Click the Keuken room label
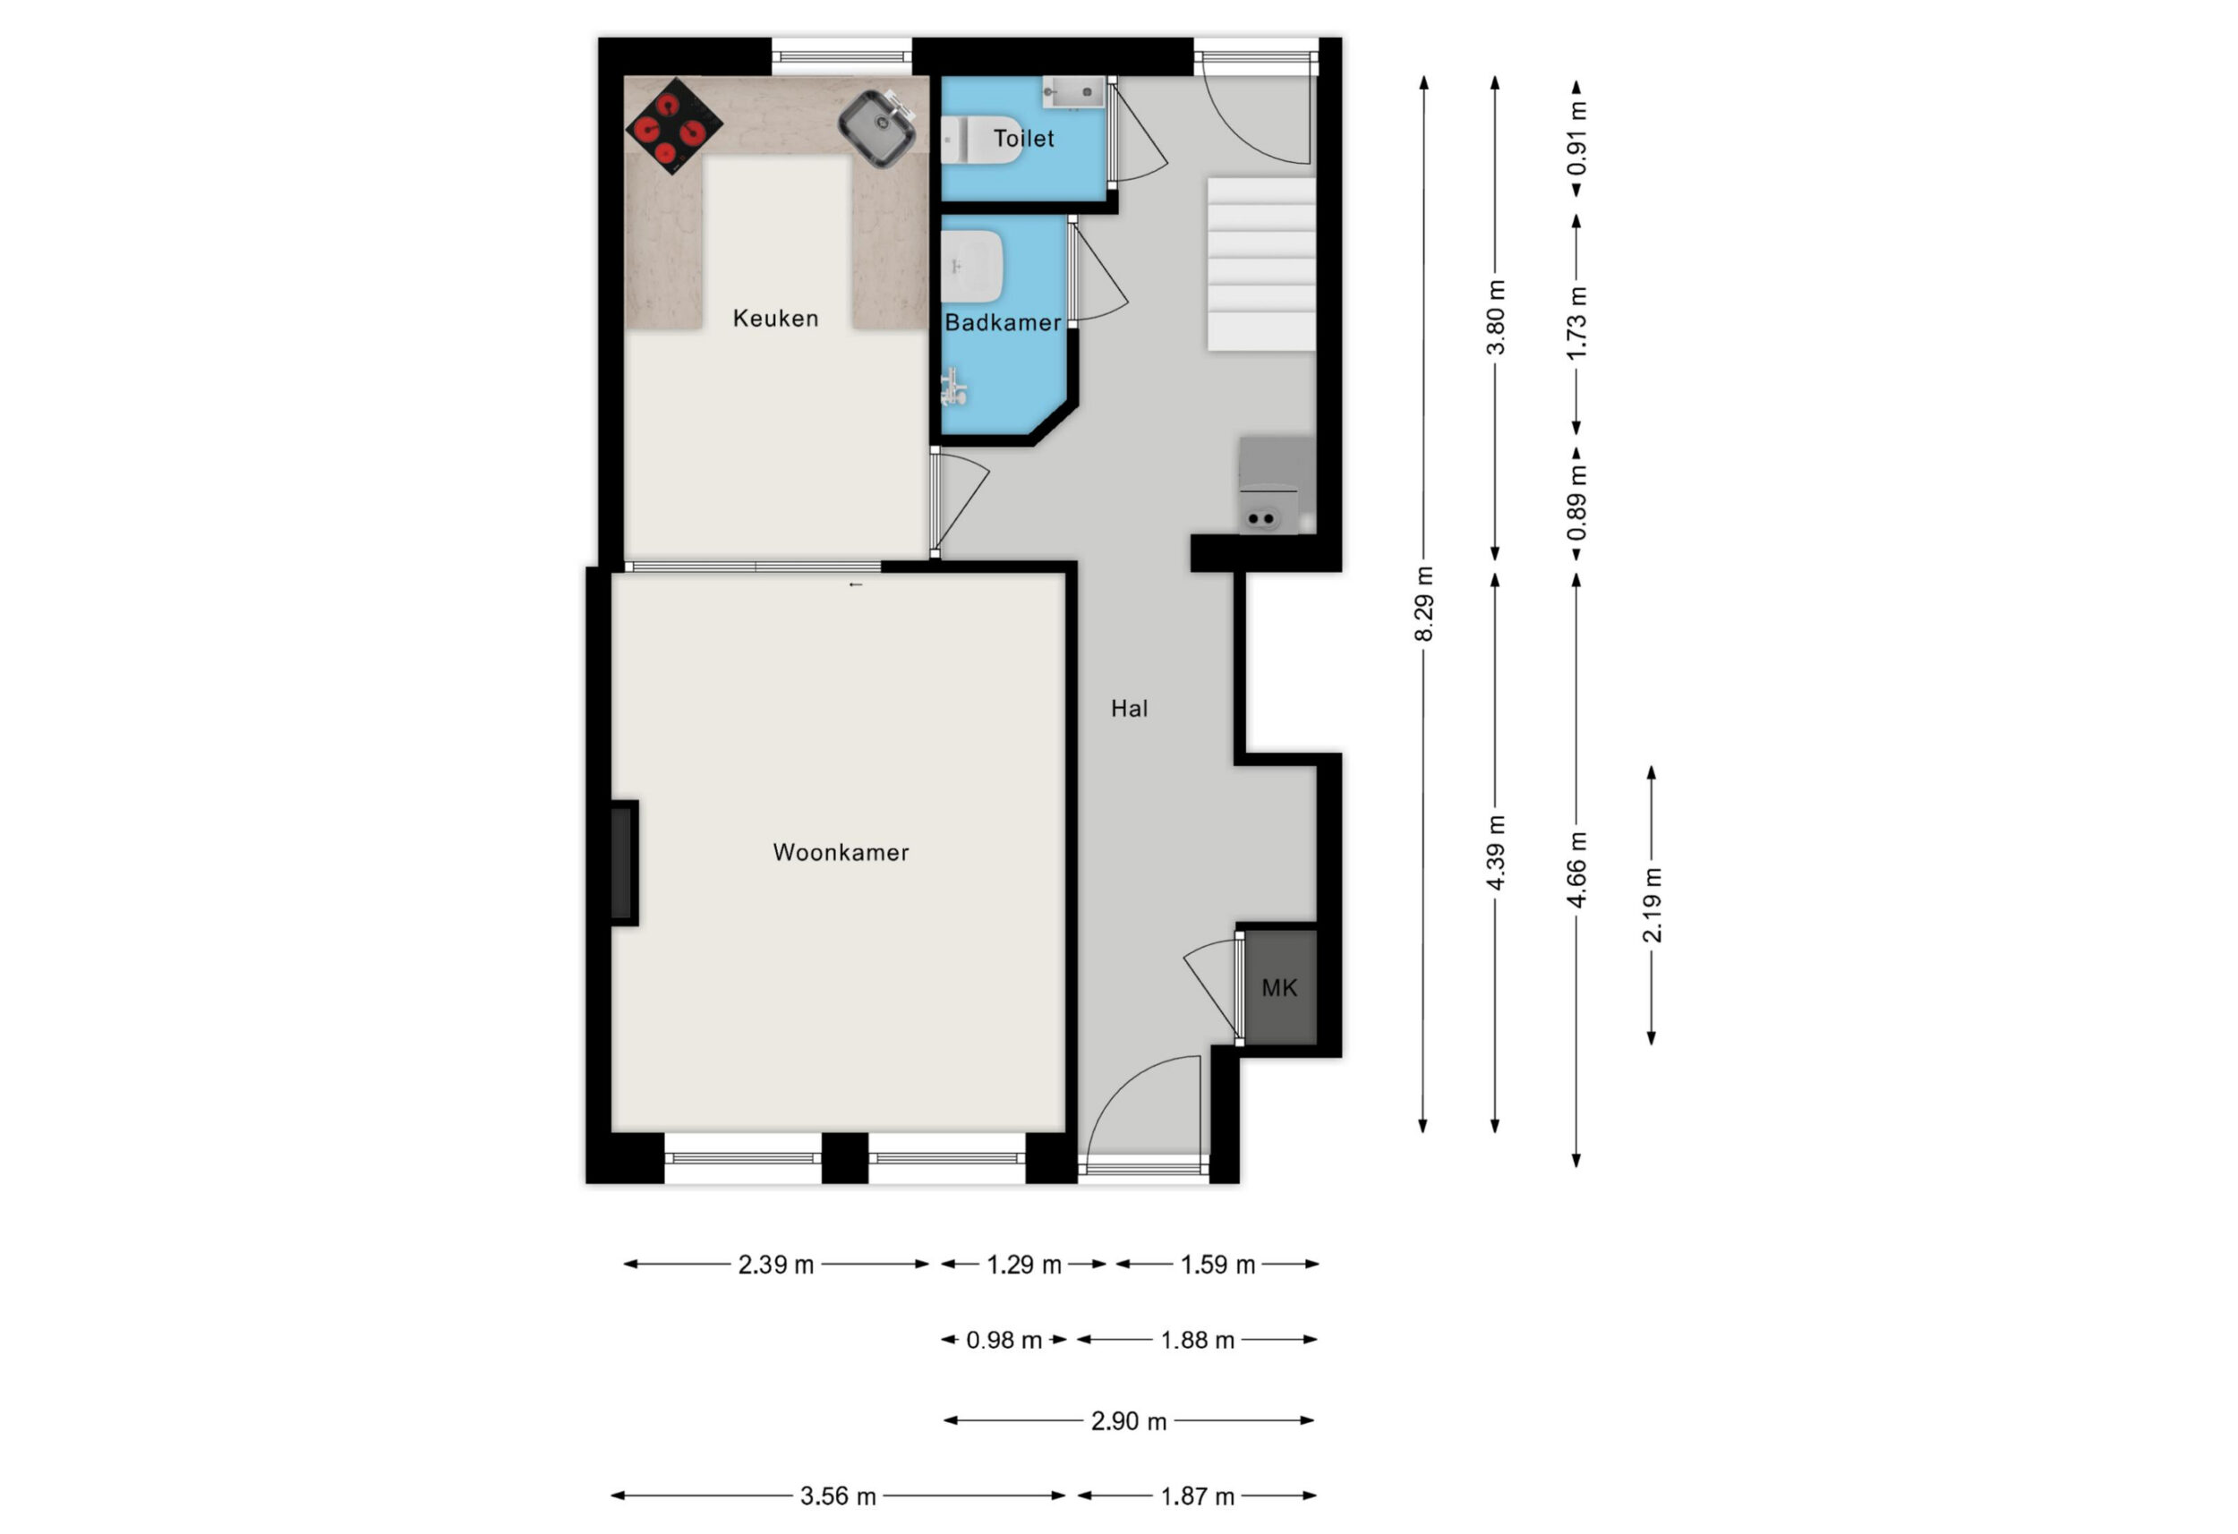point(775,318)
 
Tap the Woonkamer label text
point(841,852)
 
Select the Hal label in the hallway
point(1130,709)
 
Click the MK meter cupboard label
point(1279,987)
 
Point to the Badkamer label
point(1003,322)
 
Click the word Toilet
point(1024,139)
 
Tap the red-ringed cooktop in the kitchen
point(674,127)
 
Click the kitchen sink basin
point(877,128)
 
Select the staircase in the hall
point(1261,263)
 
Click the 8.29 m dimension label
point(1424,604)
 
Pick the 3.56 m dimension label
point(838,1496)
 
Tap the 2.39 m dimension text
point(776,1265)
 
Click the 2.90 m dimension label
point(1129,1420)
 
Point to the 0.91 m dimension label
point(1576,139)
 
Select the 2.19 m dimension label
point(1653,905)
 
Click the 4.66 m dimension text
point(1576,871)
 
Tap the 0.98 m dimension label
point(1004,1340)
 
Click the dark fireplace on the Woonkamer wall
point(624,863)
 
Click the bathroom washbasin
point(972,266)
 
